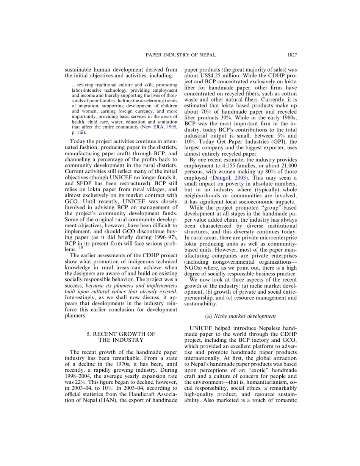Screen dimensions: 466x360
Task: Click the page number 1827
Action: click(292, 55)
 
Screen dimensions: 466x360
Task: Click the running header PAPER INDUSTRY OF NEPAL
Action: click(181, 55)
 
